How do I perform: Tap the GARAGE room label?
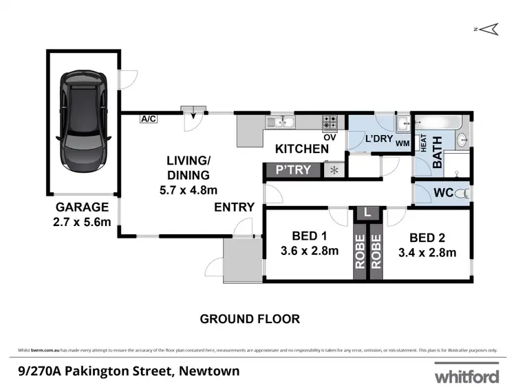point(83,207)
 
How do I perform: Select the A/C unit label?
point(148,119)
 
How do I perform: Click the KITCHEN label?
point(302,149)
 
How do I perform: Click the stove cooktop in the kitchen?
point(330,123)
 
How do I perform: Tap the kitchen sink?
point(281,123)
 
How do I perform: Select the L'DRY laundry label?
point(378,139)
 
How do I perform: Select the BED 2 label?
point(427,238)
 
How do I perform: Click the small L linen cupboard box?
point(368,213)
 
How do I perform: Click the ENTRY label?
point(235,207)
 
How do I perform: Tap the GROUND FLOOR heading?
point(250,319)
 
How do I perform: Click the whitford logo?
point(465,376)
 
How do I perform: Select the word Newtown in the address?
point(209,371)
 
